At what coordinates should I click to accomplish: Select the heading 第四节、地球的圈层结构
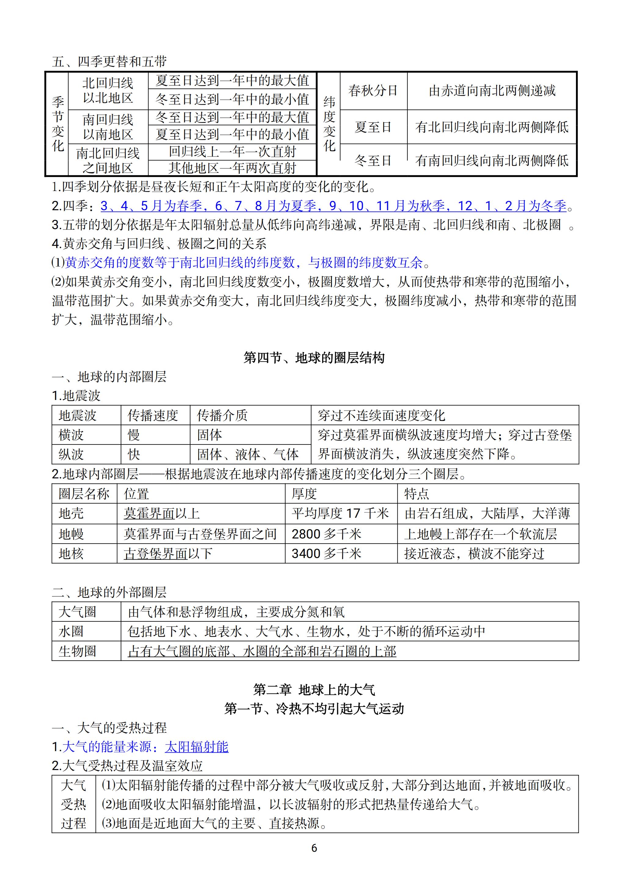tap(314, 357)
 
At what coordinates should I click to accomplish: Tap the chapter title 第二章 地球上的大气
tap(314, 690)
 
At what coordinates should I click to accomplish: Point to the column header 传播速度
tap(153, 416)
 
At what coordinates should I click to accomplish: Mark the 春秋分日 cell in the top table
tap(373, 91)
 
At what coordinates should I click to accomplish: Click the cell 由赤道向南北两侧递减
tap(492, 91)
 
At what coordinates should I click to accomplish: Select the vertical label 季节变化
tap(58, 124)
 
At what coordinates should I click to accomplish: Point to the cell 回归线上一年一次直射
tap(232, 152)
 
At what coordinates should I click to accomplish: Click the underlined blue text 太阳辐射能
tap(196, 747)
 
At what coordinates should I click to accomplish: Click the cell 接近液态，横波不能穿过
tap(474, 553)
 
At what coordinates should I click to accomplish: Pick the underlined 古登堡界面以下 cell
tap(168, 553)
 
